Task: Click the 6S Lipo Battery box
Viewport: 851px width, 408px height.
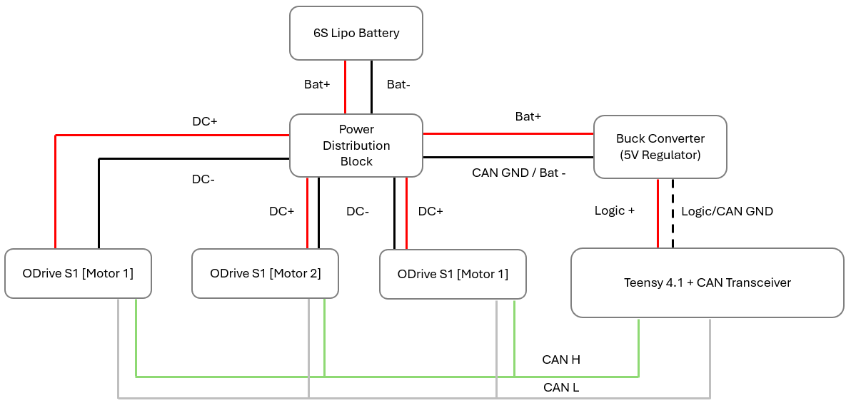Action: (x=356, y=33)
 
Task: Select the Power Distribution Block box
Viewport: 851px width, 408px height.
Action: (x=356, y=146)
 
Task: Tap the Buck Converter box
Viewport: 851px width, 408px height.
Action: (x=660, y=146)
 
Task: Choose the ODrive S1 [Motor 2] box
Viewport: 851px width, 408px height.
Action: (x=265, y=273)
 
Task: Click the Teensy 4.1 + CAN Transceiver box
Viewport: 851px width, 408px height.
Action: (x=707, y=282)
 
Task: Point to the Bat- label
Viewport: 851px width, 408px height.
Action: (x=398, y=84)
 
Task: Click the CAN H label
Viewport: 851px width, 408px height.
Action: (x=561, y=359)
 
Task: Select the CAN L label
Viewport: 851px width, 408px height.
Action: (x=561, y=387)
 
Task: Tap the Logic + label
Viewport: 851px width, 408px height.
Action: (x=615, y=211)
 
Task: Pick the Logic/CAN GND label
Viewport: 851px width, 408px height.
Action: (x=727, y=211)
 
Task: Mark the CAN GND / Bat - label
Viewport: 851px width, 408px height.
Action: (x=519, y=173)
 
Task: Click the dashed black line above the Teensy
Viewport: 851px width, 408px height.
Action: (x=673, y=213)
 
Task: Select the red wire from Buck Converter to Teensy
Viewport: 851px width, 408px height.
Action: (x=658, y=213)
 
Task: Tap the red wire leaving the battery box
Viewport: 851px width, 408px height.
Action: (x=346, y=86)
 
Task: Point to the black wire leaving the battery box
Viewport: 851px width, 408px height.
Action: (x=371, y=86)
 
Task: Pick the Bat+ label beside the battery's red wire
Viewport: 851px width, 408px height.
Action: (x=317, y=84)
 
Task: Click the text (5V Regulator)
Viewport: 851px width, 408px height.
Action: (x=660, y=154)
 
